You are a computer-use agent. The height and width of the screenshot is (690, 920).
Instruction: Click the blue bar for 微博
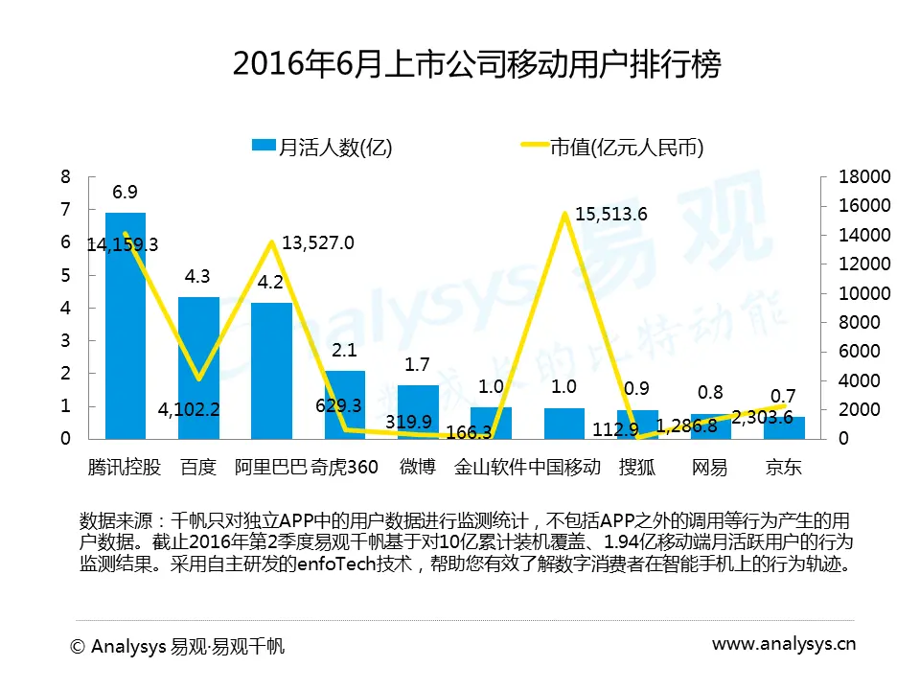[418, 412]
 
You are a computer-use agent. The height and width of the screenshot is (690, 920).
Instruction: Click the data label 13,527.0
[316, 243]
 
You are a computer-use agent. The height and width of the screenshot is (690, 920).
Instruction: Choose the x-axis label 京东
[783, 468]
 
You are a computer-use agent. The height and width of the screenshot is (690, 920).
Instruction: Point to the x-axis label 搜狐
[637, 468]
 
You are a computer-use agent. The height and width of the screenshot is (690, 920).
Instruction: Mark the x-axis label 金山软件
[491, 468]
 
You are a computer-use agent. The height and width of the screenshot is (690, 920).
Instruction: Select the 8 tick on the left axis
[65, 177]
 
